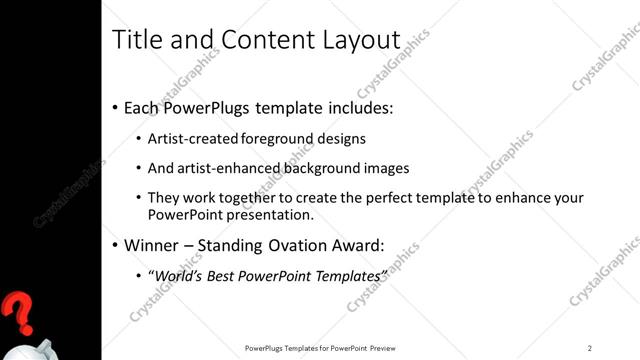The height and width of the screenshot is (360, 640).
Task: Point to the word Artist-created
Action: point(193,139)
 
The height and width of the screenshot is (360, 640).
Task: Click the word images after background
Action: point(384,168)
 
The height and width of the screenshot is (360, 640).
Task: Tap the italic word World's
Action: point(175,275)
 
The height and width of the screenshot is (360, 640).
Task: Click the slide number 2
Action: point(590,348)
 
